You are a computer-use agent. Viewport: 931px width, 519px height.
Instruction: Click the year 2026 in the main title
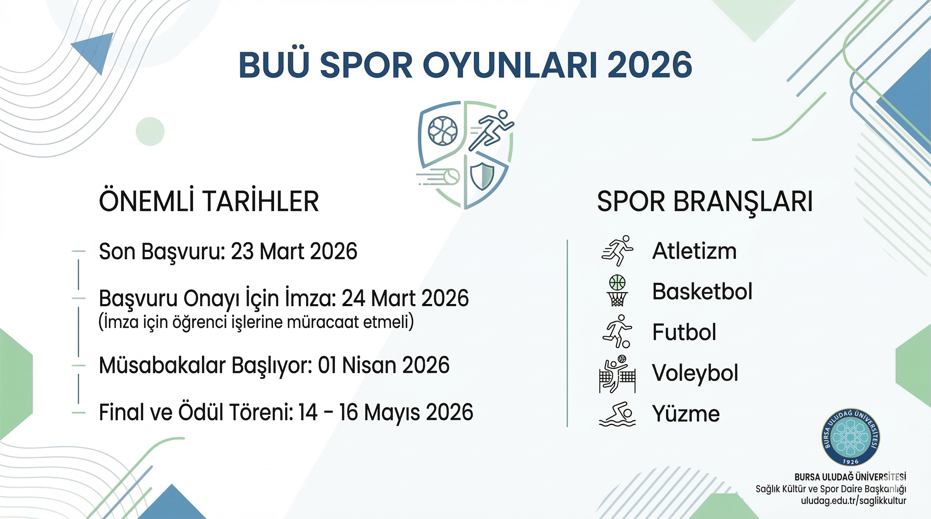650,65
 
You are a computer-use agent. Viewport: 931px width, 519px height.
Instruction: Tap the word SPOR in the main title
366,65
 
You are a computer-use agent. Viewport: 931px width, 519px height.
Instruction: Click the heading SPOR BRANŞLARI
705,201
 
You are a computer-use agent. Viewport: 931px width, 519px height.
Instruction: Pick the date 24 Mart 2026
405,298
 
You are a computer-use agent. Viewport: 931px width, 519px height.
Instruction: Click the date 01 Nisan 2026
383,365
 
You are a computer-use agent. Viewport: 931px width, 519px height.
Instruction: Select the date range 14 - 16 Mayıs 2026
386,412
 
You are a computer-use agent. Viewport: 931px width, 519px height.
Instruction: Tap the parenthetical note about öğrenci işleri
256,322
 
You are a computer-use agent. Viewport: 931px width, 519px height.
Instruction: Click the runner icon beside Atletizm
617,251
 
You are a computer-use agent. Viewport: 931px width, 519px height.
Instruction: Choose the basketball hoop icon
617,291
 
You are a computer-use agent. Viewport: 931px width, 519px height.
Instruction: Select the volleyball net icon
617,374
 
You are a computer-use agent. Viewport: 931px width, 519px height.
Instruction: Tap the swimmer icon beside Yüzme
617,414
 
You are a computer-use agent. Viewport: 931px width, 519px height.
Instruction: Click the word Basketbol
702,291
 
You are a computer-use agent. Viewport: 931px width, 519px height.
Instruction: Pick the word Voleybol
695,373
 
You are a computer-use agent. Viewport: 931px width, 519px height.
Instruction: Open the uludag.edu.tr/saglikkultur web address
854,501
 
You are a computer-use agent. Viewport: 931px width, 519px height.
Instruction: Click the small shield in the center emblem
482,175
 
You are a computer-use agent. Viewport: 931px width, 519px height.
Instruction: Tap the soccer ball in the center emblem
442,131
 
